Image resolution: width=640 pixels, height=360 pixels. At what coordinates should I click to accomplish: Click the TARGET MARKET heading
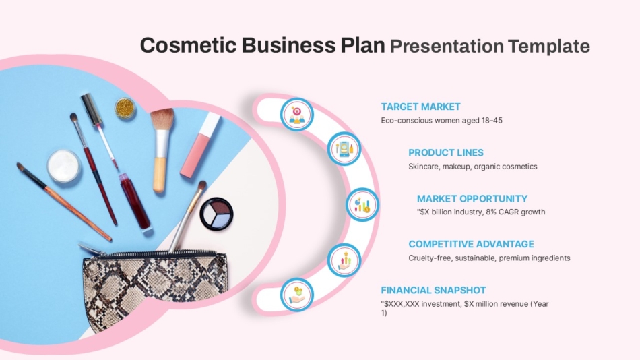[420, 107]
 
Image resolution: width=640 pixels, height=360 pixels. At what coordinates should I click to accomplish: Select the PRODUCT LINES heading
[445, 152]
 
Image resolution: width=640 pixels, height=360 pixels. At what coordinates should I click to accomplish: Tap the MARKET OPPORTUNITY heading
[472, 198]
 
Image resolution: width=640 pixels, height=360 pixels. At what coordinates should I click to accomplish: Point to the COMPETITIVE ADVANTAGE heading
[471, 244]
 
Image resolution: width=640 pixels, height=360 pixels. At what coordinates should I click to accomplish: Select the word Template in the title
[548, 46]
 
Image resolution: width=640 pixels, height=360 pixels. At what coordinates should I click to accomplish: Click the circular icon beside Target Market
[296, 115]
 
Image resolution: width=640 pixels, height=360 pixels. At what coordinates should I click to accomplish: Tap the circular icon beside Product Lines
[344, 149]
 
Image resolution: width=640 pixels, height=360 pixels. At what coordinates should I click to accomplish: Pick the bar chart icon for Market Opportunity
[362, 204]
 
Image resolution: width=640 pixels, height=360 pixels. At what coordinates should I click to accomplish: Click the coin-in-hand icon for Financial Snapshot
[296, 294]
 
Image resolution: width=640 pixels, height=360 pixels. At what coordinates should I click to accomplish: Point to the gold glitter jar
[125, 108]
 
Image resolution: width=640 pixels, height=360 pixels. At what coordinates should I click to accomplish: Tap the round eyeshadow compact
[217, 214]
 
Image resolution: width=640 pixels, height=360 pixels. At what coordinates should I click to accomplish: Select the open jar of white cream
[64, 167]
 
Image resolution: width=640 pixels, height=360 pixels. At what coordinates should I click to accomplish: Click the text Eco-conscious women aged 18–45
[441, 120]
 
